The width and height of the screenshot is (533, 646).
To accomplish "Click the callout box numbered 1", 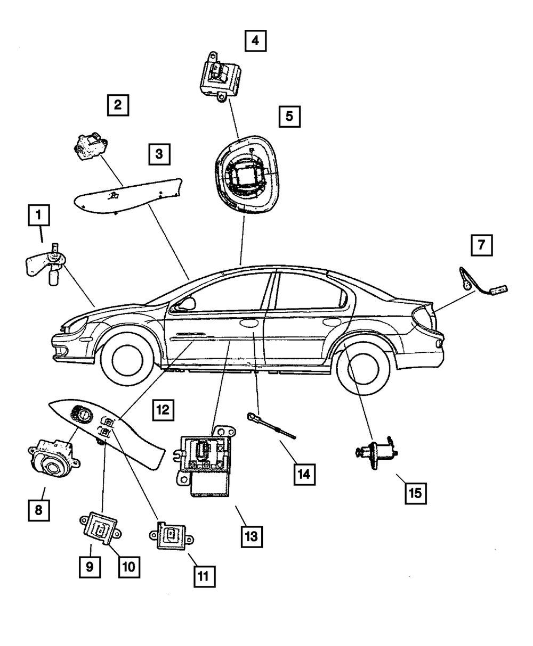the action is click(39, 215).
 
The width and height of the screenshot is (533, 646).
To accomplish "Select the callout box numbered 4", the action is click(255, 40).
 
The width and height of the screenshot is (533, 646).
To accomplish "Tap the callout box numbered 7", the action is click(481, 245).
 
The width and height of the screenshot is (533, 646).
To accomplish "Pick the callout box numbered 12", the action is click(163, 410).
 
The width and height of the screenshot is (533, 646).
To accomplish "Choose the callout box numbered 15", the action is click(416, 493).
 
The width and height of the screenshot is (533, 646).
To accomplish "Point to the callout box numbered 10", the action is click(129, 567).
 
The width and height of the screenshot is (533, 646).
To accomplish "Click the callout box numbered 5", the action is click(289, 117).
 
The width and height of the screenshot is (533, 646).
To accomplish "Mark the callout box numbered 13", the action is click(252, 537).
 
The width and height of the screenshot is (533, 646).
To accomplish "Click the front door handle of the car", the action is click(249, 322).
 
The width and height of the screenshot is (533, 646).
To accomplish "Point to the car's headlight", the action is click(76, 325).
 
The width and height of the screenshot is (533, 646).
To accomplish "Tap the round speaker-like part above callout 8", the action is click(54, 459).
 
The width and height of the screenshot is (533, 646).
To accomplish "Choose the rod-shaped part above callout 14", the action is click(271, 426).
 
